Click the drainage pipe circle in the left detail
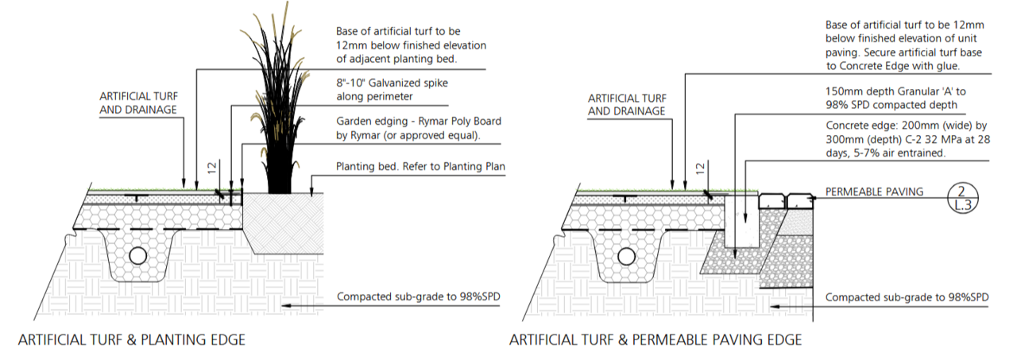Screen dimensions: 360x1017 click(x=137, y=255)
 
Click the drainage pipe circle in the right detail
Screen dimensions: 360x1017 click(x=626, y=255)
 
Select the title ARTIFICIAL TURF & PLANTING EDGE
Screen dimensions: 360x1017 click(x=131, y=340)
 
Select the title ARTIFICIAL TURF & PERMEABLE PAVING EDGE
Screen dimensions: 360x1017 click(x=655, y=340)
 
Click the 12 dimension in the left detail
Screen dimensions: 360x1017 click(x=211, y=168)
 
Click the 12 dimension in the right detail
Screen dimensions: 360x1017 click(x=700, y=168)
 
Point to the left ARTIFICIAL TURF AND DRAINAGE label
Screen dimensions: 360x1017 click(x=137, y=104)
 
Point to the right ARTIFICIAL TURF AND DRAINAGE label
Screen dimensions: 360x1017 click(x=626, y=104)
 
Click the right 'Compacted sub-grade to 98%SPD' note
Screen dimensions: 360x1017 click(x=907, y=297)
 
